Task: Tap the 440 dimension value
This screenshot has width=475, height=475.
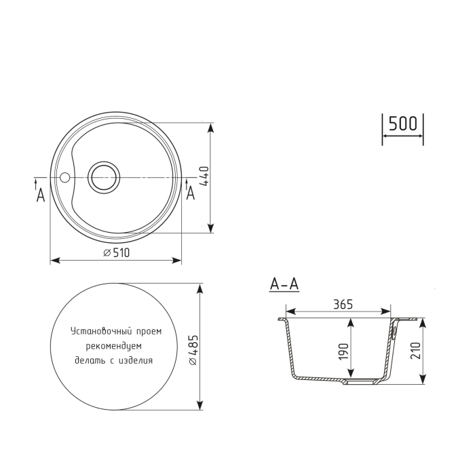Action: [202, 178]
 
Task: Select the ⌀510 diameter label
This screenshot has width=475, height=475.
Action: [116, 252]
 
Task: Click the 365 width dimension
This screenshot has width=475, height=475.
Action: [343, 305]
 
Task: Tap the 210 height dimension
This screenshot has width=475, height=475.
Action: [415, 350]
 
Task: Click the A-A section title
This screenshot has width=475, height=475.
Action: [284, 284]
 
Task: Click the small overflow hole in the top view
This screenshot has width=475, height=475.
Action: [65, 178]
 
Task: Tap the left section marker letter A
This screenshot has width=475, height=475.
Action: [40, 195]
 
